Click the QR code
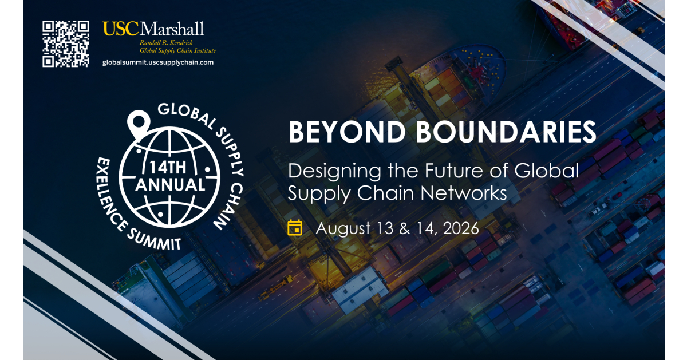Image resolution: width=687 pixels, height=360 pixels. click(x=66, y=44)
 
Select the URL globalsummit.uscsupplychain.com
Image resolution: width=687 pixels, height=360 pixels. click(x=157, y=62)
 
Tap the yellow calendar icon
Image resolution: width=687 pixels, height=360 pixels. click(x=295, y=228)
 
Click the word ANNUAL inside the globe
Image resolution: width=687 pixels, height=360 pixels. click(x=169, y=184)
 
